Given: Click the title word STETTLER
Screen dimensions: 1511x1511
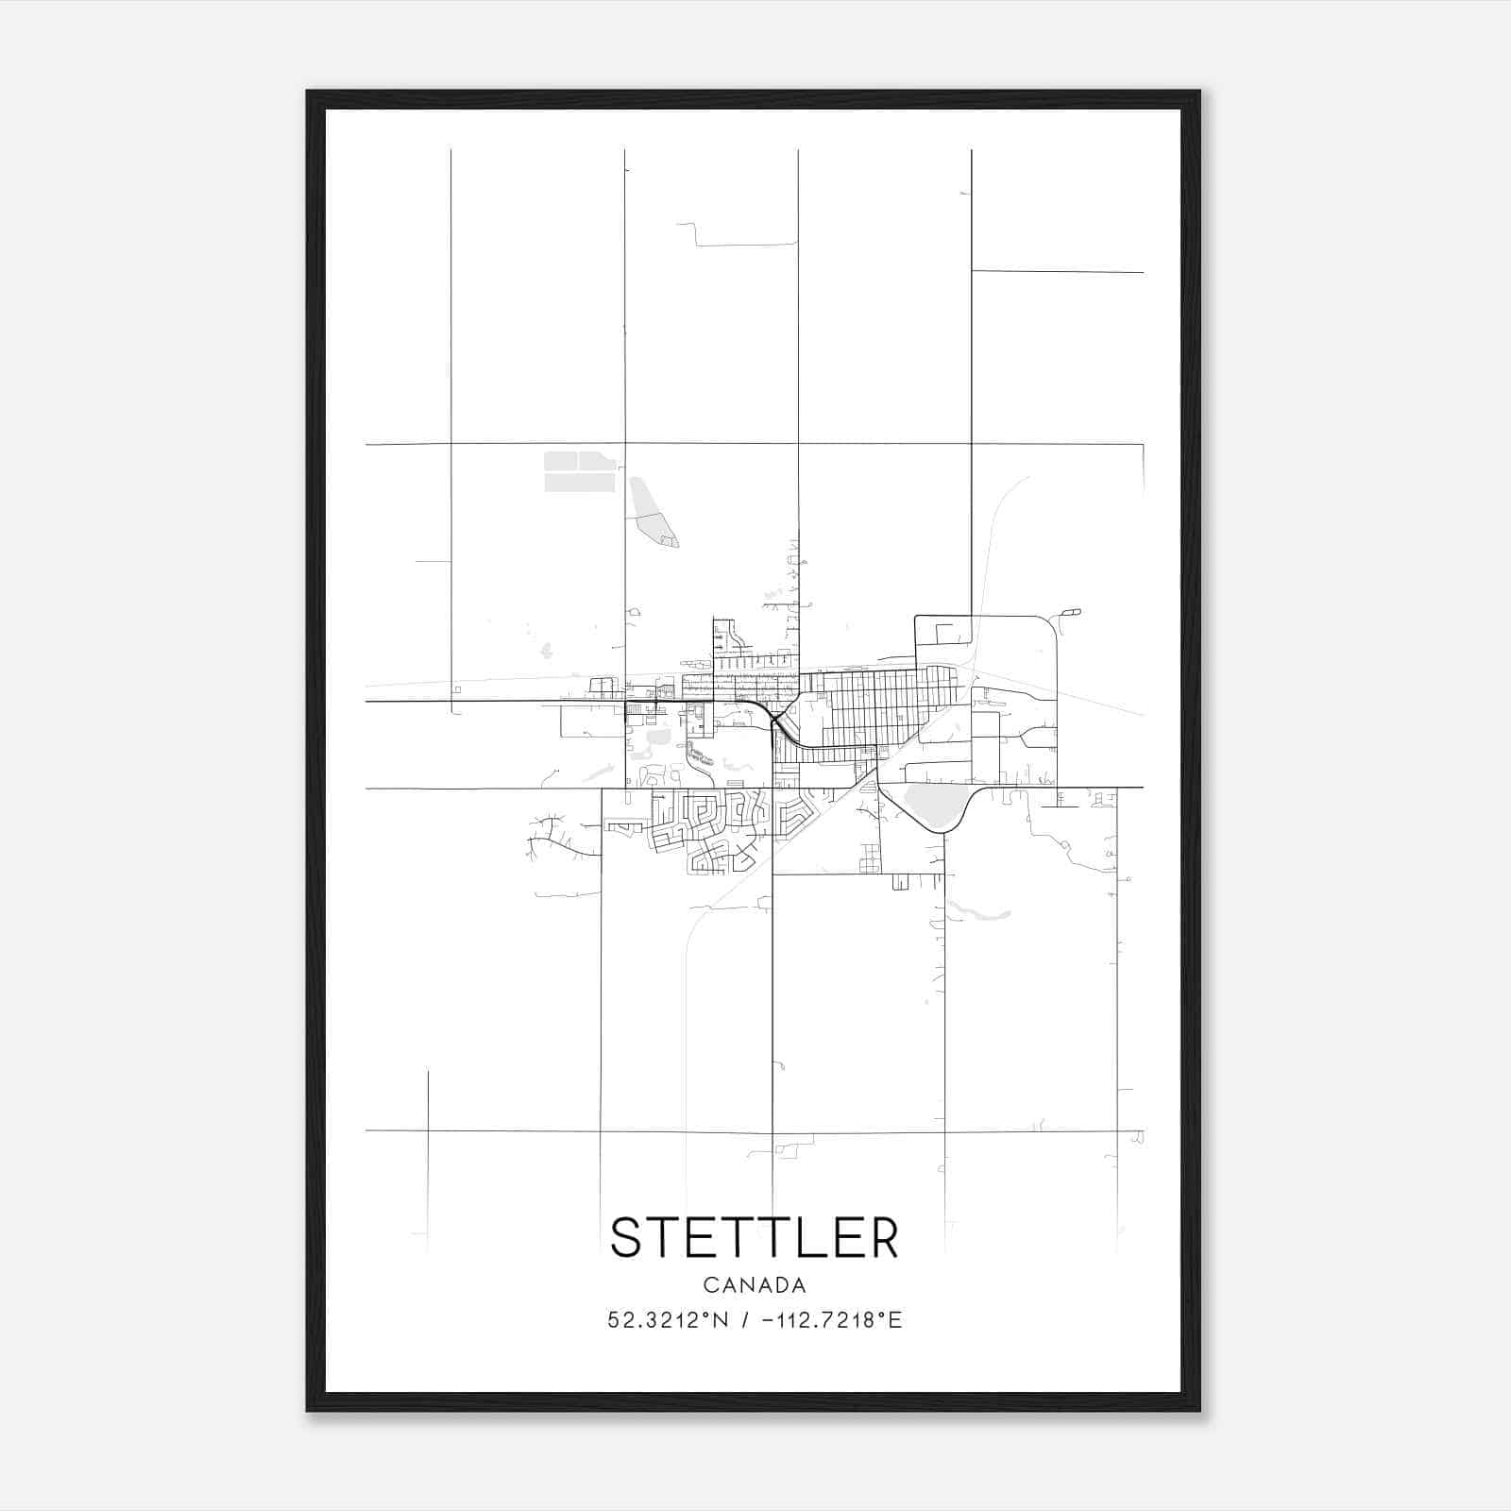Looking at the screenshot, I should (755, 1237).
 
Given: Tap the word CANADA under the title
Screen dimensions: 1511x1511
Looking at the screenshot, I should (755, 1285).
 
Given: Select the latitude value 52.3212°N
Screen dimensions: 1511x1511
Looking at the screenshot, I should (668, 1320).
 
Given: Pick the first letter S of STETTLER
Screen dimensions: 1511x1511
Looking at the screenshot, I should (628, 1237).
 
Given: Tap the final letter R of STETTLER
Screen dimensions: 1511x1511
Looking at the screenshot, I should (882, 1237).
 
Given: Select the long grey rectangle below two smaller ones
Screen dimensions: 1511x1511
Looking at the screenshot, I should (579, 483).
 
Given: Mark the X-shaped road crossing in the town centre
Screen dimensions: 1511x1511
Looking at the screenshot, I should (775, 722).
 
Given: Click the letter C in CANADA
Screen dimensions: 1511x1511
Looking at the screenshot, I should (709, 1285).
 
